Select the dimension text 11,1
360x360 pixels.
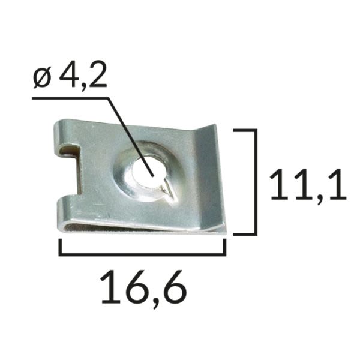pos(308,185)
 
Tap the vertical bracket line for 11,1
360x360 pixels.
pos(256,182)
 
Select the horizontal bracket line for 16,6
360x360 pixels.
pos(142,254)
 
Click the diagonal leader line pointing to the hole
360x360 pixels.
pos(130,137)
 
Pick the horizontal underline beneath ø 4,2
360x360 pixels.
pos(70,98)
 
